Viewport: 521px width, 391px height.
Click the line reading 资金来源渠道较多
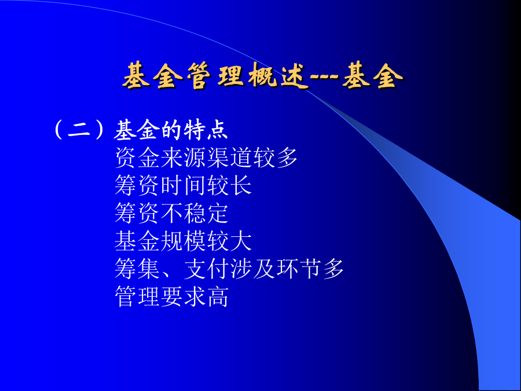(x=206, y=158)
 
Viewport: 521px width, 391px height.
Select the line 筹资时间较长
(x=183, y=185)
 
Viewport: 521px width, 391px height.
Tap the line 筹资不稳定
(x=171, y=213)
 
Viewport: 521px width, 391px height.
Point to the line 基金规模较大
(x=183, y=241)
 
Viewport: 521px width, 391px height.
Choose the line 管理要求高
(x=171, y=297)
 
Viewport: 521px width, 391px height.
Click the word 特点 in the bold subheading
(x=206, y=129)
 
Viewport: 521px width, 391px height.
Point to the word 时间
(x=183, y=185)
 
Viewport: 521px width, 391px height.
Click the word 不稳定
(x=195, y=213)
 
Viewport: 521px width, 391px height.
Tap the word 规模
(x=183, y=241)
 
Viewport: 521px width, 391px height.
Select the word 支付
(x=206, y=269)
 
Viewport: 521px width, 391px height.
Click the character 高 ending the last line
(x=218, y=297)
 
